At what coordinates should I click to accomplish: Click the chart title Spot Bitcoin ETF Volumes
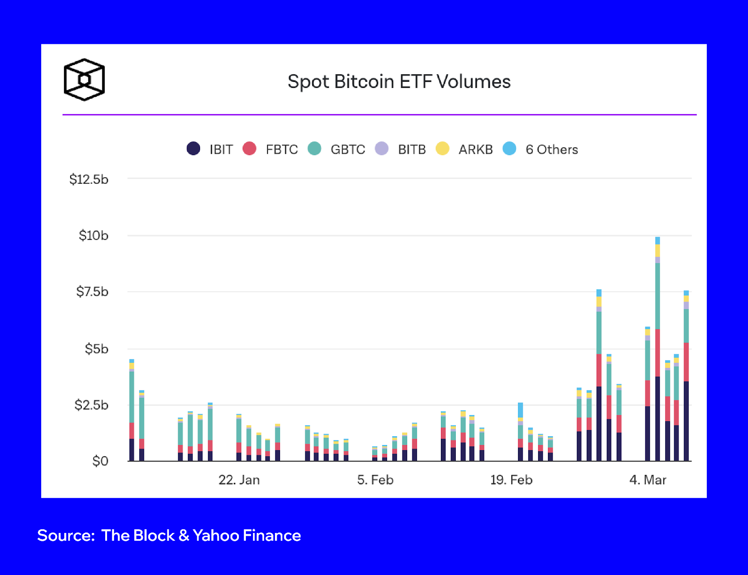[399, 82]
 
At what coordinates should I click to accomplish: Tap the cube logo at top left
[84, 79]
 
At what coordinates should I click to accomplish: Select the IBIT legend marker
[194, 149]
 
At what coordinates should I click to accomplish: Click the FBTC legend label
[281, 150]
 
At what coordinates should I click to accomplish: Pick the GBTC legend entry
[347, 150]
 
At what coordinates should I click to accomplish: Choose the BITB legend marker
[382, 149]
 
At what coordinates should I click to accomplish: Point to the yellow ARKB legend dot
[442, 149]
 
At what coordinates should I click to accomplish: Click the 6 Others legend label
[552, 150]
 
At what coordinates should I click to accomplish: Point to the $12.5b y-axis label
[89, 180]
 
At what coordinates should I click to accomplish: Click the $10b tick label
[93, 236]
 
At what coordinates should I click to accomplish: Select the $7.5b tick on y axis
[92, 292]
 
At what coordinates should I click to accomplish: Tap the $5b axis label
[96, 349]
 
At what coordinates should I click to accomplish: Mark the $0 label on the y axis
[100, 461]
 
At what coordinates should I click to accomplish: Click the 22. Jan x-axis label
[239, 480]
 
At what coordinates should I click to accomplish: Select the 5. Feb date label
[375, 480]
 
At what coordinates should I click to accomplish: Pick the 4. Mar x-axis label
[647, 480]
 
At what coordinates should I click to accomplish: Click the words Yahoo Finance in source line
[246, 535]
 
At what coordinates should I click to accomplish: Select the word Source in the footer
[65, 535]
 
